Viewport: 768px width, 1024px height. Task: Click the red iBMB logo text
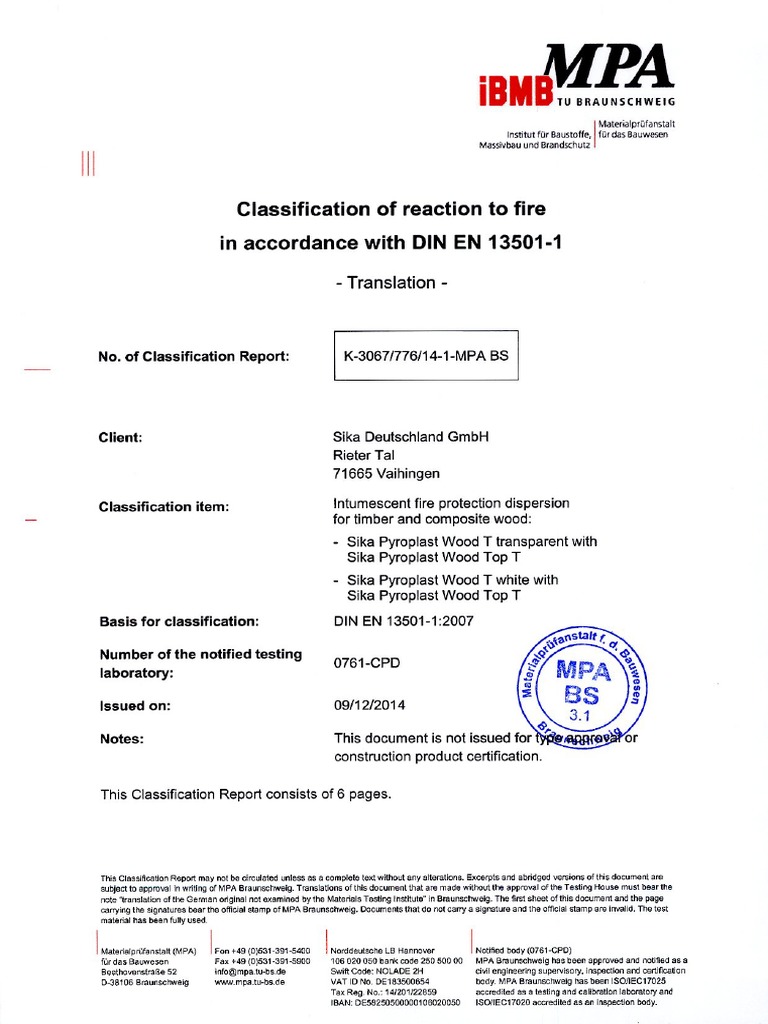pos(515,90)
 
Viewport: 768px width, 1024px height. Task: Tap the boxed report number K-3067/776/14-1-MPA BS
pos(425,356)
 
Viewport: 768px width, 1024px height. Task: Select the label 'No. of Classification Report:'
pos(194,357)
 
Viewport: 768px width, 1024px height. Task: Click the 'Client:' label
pos(120,438)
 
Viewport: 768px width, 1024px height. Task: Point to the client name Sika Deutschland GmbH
pos(412,437)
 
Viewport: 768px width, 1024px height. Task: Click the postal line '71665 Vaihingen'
pos(386,473)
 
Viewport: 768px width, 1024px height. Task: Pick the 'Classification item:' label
pos(164,507)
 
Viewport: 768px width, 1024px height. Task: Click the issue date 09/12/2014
pos(369,705)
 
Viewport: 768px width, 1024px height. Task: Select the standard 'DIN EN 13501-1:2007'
pos(404,621)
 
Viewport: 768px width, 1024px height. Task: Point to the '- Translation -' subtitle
pos(391,283)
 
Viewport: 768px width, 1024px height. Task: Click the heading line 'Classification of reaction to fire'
pos(391,209)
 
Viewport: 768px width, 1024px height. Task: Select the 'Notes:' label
pos(121,739)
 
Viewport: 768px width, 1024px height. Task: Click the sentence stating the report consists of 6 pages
pos(246,795)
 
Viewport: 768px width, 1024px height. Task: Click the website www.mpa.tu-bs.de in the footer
pos(250,982)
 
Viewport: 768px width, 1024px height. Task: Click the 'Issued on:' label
pos(135,705)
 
